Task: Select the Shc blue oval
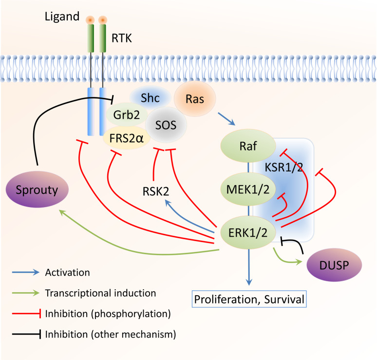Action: pyautogui.click(x=151, y=97)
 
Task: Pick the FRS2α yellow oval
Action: pyautogui.click(x=126, y=137)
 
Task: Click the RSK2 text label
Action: pyautogui.click(x=155, y=191)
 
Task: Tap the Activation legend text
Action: pyautogui.click(x=67, y=272)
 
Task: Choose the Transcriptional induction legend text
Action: pyautogui.click(x=100, y=293)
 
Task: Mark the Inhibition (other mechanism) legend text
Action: pyautogui.click(x=110, y=335)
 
